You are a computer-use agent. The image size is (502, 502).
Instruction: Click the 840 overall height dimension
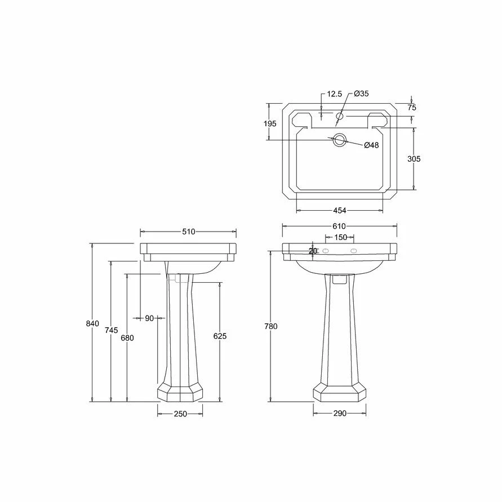tap(93, 323)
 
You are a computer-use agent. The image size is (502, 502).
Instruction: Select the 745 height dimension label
tap(112, 330)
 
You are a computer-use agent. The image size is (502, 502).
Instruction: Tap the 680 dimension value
tap(127, 338)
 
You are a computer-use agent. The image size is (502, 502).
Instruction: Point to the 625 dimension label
tap(220, 336)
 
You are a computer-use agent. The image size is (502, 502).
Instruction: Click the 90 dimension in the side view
tap(149, 318)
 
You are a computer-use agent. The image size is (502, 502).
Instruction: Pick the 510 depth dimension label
tap(188, 232)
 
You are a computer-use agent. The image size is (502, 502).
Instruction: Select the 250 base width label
tap(180, 414)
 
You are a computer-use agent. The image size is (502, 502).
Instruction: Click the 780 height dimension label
tap(271, 326)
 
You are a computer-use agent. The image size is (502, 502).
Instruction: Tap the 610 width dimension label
tap(339, 226)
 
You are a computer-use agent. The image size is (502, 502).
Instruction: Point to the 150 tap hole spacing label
tap(340, 238)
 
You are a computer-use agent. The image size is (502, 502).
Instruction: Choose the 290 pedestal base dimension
tap(339, 414)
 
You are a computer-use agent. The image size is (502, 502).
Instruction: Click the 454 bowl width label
tap(339, 211)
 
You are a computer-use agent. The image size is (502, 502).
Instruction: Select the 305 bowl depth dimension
tap(414, 159)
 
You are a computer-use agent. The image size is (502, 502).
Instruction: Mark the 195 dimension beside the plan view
tap(270, 123)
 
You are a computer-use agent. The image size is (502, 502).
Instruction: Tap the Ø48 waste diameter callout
tap(371, 145)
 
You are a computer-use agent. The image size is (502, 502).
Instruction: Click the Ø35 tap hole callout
tap(362, 94)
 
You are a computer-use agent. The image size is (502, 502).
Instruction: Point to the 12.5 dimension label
tap(334, 94)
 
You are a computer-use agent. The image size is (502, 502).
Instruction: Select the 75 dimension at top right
tap(412, 107)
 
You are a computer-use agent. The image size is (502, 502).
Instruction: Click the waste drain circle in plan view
tap(339, 140)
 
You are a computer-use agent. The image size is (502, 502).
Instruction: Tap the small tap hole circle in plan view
tap(340, 117)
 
